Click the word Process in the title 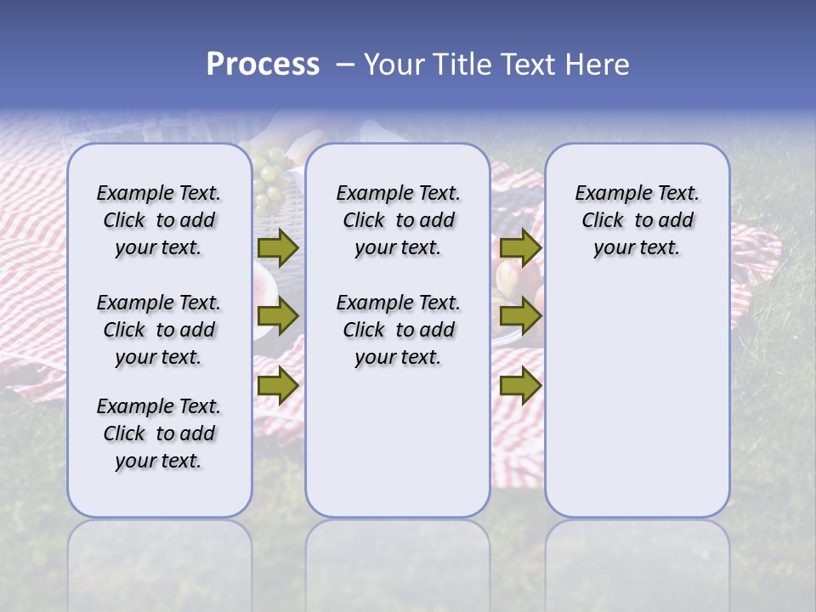tap(263, 65)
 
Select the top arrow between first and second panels tap(277, 248)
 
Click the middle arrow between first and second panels tap(277, 317)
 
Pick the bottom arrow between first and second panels tap(277, 385)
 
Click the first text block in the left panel tap(159, 220)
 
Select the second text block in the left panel tap(159, 330)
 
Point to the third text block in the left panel tap(159, 433)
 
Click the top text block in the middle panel tap(398, 220)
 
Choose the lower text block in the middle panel tap(398, 330)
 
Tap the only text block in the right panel tap(637, 220)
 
